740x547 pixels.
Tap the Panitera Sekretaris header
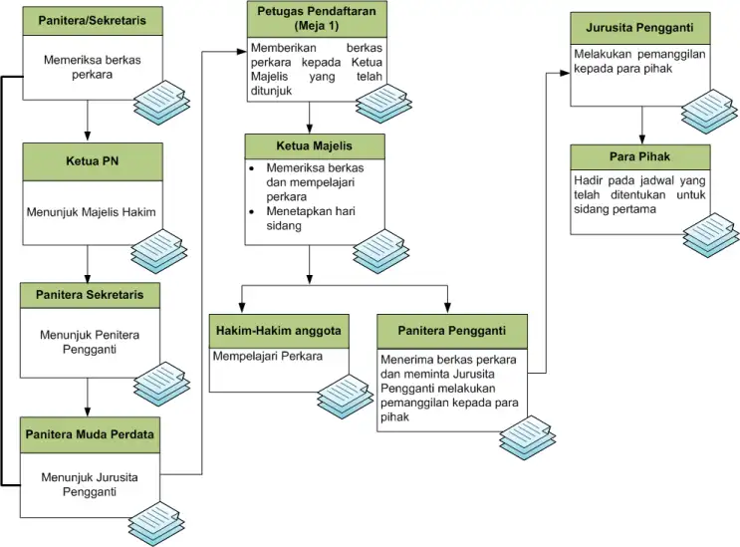point(90,296)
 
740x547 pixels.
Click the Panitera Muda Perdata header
point(90,434)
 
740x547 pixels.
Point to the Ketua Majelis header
point(314,146)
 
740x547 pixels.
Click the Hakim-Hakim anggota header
point(278,330)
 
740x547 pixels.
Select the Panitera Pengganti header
point(451,330)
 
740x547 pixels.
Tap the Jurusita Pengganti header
point(640,27)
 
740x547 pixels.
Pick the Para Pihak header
point(640,157)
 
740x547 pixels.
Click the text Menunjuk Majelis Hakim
point(91,211)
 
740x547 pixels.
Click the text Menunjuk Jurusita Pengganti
point(90,485)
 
